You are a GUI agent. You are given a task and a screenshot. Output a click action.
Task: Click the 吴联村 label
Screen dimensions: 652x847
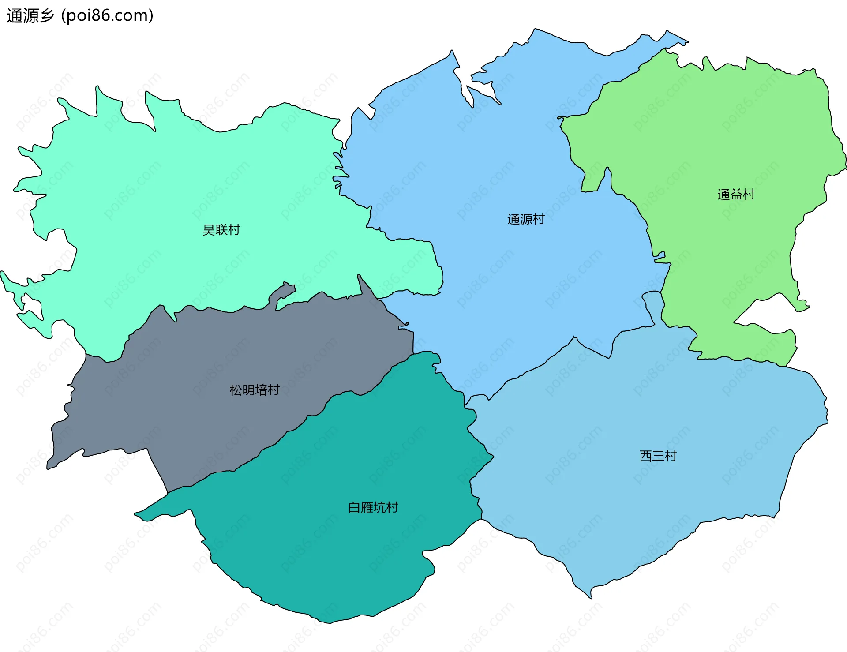(x=221, y=230)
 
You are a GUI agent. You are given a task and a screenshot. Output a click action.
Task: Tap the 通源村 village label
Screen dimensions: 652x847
(x=526, y=219)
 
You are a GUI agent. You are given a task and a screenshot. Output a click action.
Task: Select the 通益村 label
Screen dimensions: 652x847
(x=736, y=195)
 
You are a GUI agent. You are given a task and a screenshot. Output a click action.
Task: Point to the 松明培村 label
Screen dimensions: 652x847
(x=255, y=390)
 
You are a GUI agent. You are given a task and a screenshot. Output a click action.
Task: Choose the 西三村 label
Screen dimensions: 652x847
(x=658, y=456)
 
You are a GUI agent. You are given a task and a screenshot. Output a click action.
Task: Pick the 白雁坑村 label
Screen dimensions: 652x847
(x=373, y=508)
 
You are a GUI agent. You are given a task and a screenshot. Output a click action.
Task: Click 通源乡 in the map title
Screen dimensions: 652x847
(x=30, y=16)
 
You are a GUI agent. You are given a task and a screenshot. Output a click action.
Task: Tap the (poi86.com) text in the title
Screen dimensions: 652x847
(x=108, y=16)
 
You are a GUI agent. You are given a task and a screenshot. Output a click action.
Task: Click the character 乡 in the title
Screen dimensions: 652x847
(x=46, y=16)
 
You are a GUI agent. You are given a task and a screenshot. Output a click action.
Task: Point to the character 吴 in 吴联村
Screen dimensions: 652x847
(x=208, y=230)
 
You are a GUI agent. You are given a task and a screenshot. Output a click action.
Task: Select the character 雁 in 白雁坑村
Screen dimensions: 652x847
(x=367, y=508)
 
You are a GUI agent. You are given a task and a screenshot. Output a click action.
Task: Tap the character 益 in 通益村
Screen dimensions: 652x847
(x=736, y=195)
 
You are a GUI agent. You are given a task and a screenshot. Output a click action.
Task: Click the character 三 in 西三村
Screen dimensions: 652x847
(x=658, y=456)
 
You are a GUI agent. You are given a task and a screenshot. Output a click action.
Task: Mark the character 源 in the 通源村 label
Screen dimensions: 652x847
(x=526, y=219)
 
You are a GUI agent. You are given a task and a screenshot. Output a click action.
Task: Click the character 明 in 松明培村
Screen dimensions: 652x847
(x=248, y=390)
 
